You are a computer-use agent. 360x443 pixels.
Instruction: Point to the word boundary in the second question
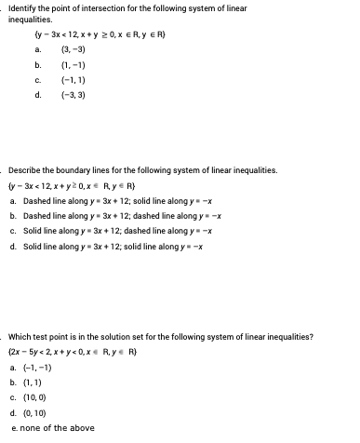coord(77,171)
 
